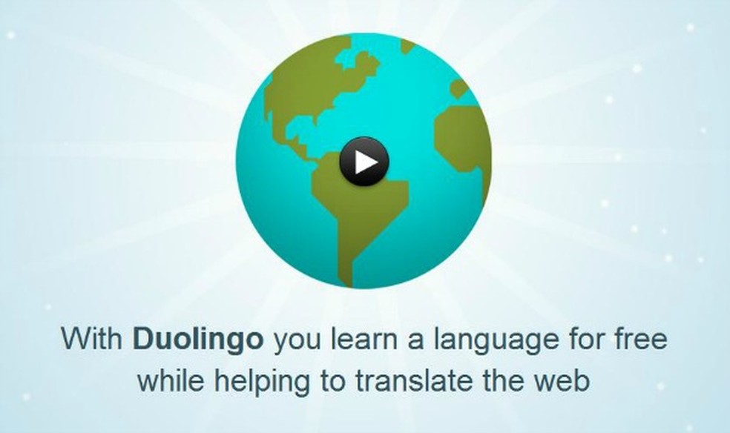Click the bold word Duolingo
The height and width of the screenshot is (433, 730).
197,340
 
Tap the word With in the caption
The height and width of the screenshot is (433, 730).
93,340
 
